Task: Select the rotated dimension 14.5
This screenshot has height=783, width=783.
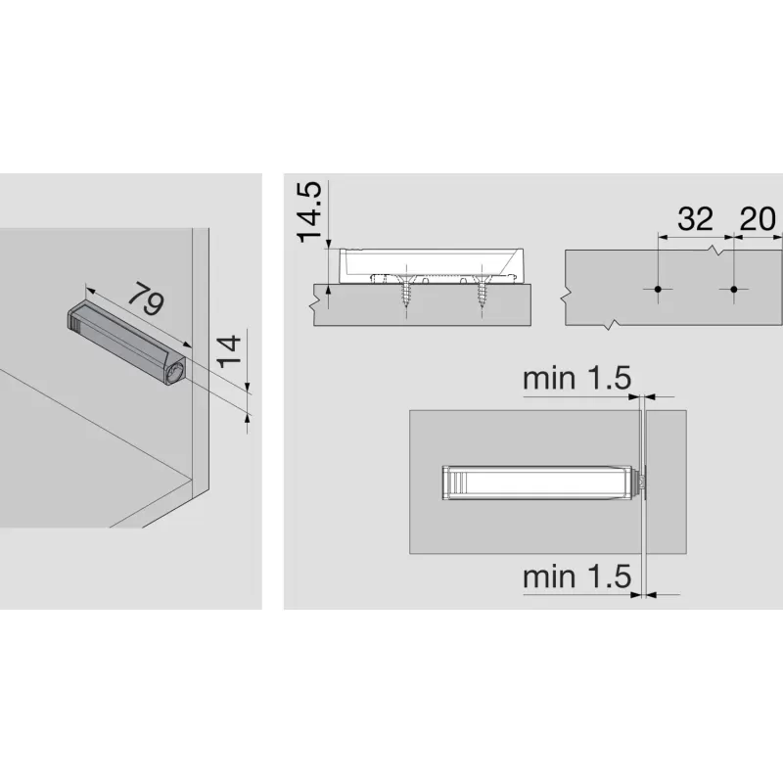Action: (x=310, y=210)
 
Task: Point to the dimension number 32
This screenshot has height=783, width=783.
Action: (x=696, y=219)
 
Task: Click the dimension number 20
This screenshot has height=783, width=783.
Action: (x=759, y=219)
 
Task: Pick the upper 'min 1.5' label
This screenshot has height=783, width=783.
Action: (x=576, y=379)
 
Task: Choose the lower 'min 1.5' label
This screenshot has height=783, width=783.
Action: (x=576, y=576)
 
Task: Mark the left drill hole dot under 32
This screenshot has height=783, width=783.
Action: (x=660, y=290)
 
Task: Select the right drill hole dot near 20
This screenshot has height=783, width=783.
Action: (x=733, y=290)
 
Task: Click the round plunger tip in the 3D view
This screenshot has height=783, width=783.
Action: (x=176, y=374)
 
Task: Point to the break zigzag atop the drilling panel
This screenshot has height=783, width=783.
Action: (x=721, y=251)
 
